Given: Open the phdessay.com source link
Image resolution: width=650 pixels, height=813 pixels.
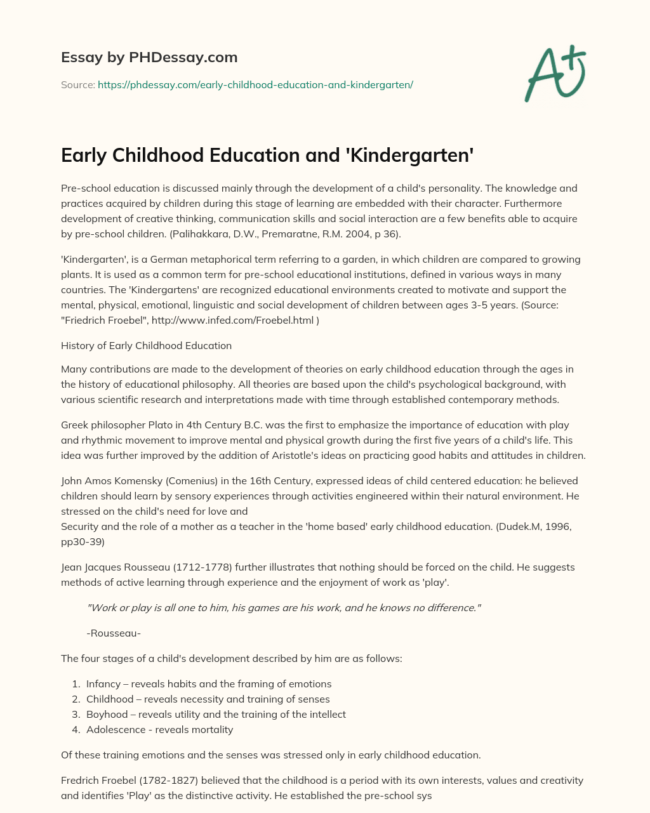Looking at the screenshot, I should coord(255,84).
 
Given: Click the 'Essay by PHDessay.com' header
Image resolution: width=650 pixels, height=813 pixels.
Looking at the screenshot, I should coord(149,57).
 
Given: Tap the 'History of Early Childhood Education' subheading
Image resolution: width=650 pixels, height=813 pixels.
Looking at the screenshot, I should coord(146,346).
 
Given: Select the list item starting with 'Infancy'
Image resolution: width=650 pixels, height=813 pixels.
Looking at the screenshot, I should coord(209,684).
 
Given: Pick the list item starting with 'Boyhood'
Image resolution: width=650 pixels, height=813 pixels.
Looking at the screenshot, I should coord(216,715).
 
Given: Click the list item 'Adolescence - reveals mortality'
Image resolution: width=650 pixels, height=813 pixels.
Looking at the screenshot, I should coord(159,730).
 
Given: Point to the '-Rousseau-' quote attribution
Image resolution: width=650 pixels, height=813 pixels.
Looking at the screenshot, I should coord(114,633).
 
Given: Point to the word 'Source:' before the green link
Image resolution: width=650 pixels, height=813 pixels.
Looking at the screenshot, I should coord(78,84).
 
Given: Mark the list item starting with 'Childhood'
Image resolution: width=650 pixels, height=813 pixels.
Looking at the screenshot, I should coord(208,699).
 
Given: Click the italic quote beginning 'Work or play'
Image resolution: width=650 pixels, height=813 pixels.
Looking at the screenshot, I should coord(284,608).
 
